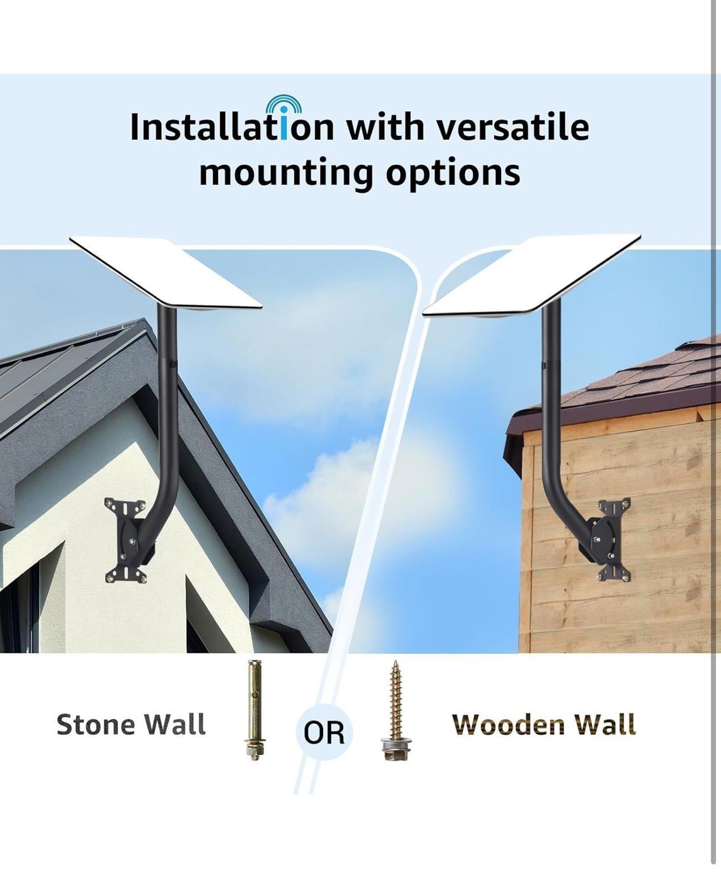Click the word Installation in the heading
[x=232, y=127]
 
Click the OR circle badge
[x=324, y=732]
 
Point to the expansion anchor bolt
[x=254, y=710]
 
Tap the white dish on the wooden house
[x=531, y=274]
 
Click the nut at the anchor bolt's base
[x=254, y=750]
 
